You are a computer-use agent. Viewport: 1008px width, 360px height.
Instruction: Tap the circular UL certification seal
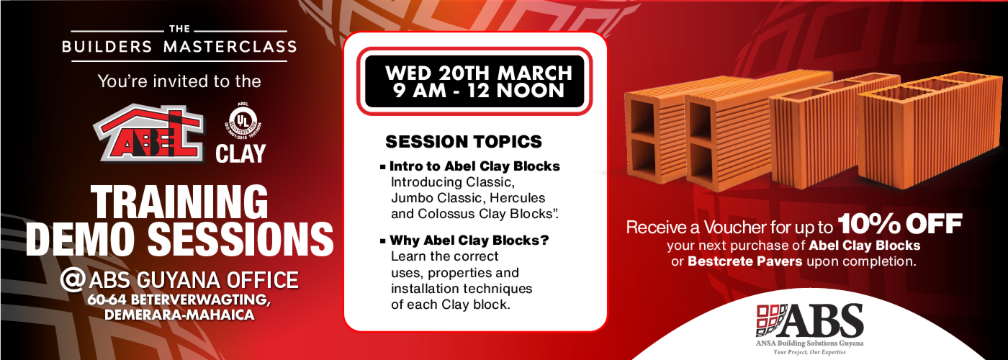(x=241, y=121)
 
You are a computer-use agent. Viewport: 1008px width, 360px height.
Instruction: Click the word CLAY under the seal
(x=241, y=153)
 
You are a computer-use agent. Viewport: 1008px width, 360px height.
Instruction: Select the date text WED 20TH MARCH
(x=478, y=73)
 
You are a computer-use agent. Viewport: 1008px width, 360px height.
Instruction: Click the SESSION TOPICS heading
(x=463, y=140)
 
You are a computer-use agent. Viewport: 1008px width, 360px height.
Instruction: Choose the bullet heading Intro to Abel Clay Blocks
(x=474, y=166)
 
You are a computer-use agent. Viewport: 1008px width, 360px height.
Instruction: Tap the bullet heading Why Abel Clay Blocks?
(x=469, y=240)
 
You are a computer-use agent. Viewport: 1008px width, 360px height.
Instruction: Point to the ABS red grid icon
(x=771, y=320)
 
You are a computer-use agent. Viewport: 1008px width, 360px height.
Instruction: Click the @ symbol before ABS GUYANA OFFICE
(x=73, y=279)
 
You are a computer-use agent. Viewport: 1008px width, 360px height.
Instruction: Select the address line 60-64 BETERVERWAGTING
(x=179, y=299)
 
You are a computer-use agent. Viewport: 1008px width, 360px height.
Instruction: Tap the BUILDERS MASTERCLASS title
(x=179, y=47)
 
